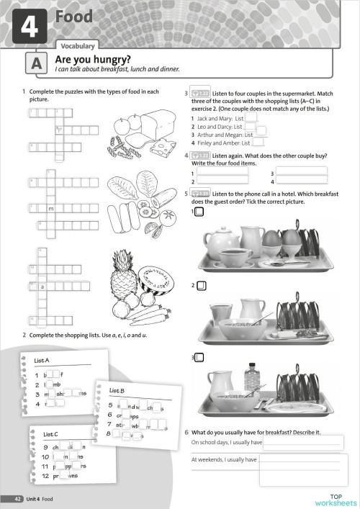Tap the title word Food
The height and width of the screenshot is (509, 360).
tap(74, 17)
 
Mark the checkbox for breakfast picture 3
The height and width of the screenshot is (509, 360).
tap(199, 358)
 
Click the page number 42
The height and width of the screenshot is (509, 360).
tap(15, 499)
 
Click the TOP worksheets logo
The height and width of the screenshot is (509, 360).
tap(336, 500)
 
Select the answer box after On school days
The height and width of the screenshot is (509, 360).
tap(303, 442)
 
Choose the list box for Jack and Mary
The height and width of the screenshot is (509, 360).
tap(251, 117)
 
